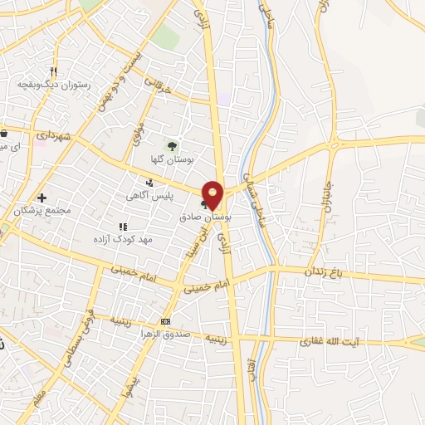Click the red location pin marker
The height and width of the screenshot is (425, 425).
tap(213, 194)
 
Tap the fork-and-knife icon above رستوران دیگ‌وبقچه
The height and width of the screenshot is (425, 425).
tap(53, 71)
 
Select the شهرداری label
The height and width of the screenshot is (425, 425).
tap(55, 134)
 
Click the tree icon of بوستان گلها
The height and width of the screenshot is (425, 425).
tap(172, 145)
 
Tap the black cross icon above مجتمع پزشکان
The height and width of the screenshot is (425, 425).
tap(42, 198)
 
